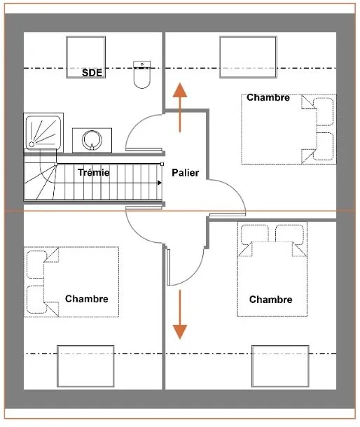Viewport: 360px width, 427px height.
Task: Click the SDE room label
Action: point(92,73)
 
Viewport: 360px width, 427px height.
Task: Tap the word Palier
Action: point(186,173)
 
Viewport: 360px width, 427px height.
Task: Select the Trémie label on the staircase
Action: point(93,172)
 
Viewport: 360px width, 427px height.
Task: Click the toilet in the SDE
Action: point(141,75)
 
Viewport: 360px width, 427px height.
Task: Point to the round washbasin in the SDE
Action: point(92,140)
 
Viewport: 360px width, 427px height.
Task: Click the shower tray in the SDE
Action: point(43,132)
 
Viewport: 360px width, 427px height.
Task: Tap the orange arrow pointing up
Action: point(180,108)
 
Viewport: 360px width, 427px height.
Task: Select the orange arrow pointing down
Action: point(180,314)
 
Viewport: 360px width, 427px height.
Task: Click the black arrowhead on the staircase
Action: point(160,183)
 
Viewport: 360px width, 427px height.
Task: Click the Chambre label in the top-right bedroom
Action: point(268,97)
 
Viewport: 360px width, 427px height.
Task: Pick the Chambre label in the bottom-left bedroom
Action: point(87,299)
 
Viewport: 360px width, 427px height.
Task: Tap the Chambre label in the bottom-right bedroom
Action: point(270,300)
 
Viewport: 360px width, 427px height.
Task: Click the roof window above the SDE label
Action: point(86,57)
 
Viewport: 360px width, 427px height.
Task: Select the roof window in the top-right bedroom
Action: point(248,57)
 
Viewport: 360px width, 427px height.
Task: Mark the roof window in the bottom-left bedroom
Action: point(85,366)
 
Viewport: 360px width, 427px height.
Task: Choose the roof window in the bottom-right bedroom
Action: point(280,366)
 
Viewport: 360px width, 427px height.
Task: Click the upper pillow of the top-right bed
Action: point(324,112)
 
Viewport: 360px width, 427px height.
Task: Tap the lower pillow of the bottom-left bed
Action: point(36,300)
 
